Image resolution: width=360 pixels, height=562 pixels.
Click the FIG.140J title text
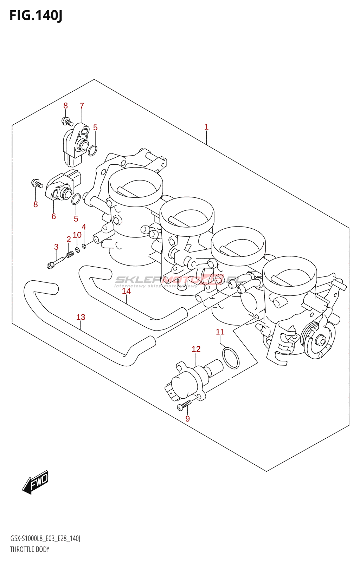click(x=36, y=15)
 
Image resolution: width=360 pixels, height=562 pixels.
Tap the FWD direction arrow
click(x=36, y=482)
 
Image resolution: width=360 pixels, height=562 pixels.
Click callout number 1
click(x=206, y=127)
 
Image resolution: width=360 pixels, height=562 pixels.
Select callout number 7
click(x=82, y=106)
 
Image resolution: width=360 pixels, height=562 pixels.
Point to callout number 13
click(x=81, y=317)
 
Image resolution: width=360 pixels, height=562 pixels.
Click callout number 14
click(x=126, y=291)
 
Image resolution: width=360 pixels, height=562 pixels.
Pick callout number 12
click(x=196, y=349)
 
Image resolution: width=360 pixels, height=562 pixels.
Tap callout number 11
click(x=220, y=332)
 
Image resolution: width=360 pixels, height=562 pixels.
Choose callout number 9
click(x=187, y=419)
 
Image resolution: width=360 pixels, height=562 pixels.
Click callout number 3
click(x=56, y=247)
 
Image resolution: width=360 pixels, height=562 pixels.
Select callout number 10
click(x=77, y=235)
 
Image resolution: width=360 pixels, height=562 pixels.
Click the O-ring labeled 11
click(x=231, y=358)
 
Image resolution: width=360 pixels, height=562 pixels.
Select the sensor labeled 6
click(x=62, y=186)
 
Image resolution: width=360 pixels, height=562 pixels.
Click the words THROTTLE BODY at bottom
click(x=30, y=549)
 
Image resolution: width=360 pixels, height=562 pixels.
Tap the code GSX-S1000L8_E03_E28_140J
click(x=45, y=538)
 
